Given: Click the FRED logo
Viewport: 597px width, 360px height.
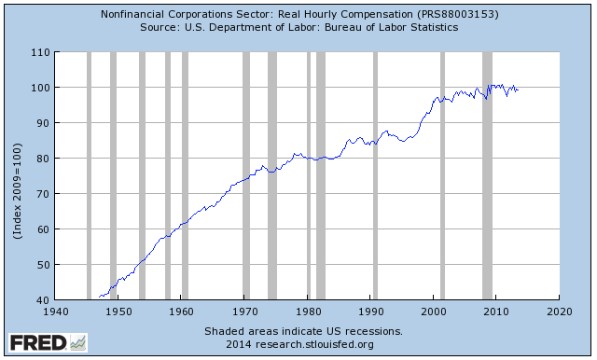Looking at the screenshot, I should [x=36, y=342].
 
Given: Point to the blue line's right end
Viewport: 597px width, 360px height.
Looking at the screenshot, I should [x=518, y=90].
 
